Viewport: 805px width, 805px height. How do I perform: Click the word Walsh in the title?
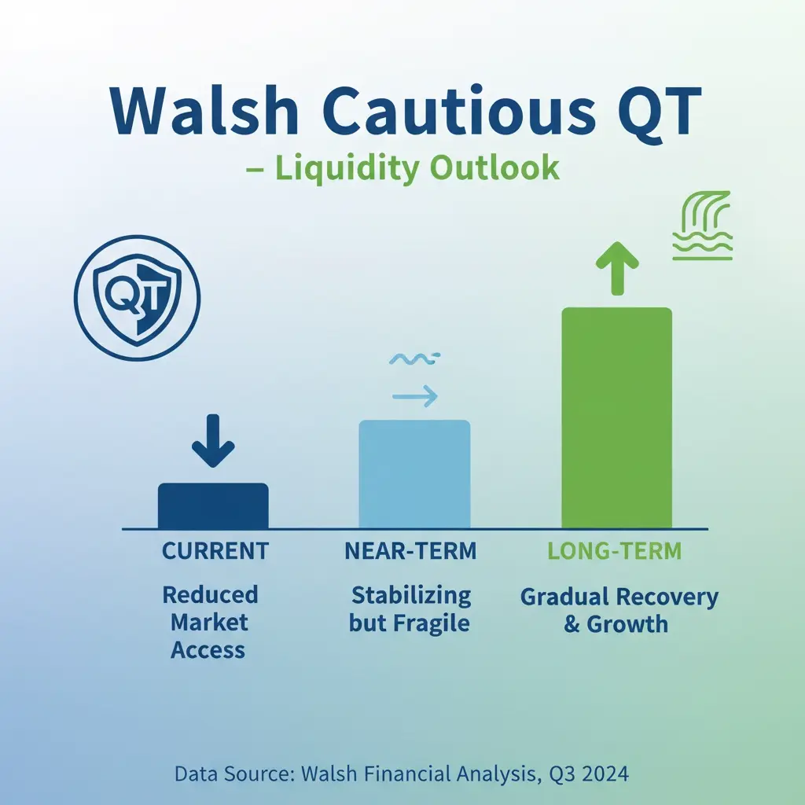click(204, 111)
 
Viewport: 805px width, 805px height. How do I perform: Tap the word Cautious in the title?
click(459, 111)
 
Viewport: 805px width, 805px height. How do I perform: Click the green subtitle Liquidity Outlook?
click(417, 168)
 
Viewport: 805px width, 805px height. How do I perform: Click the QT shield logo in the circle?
click(137, 298)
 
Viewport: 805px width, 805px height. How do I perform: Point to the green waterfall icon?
click(702, 226)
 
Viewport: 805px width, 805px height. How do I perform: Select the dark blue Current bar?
click(213, 505)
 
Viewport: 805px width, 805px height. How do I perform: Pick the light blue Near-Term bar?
click(414, 474)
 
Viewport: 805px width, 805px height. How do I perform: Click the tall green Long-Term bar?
click(616, 418)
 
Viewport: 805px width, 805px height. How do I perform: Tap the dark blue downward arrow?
click(213, 441)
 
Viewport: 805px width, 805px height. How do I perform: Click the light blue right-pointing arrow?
click(415, 396)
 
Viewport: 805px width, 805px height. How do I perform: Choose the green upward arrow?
click(617, 269)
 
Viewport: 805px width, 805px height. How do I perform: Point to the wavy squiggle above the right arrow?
click(414, 358)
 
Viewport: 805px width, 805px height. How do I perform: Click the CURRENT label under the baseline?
click(215, 551)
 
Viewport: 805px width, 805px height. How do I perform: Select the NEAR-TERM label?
click(410, 551)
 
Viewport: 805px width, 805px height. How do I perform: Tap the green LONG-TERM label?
click(615, 551)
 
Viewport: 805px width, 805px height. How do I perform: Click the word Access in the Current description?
click(208, 650)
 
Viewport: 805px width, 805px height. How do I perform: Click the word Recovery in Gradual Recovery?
click(667, 597)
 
